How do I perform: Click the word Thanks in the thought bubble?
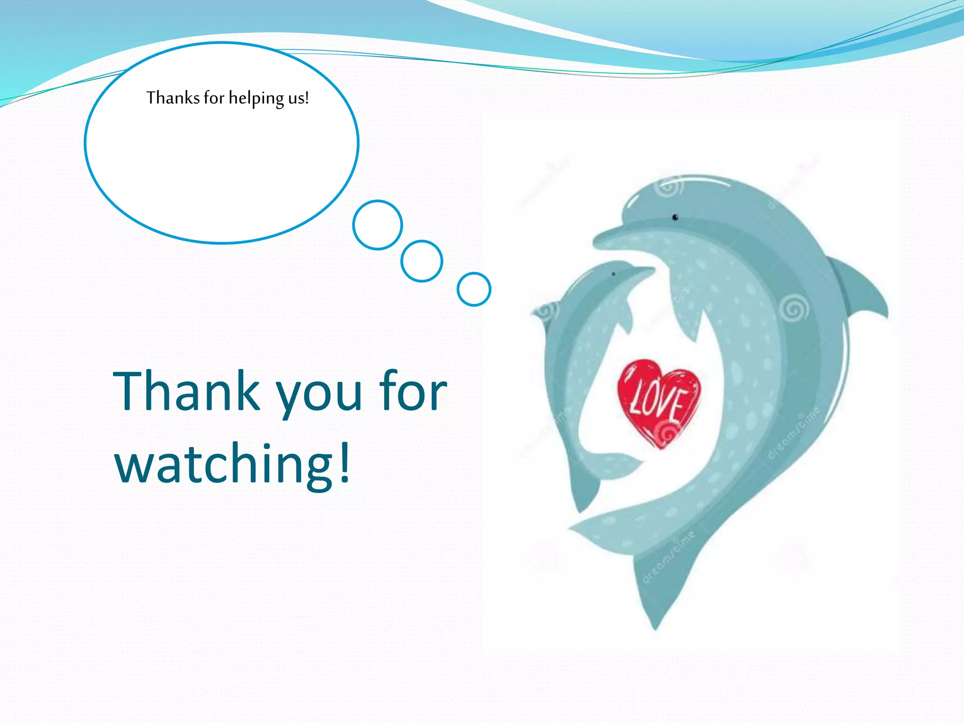(173, 98)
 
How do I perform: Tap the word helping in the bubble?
(257, 98)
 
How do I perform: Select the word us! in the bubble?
(298, 98)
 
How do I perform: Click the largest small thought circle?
(377, 225)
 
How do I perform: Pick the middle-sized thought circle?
(421, 261)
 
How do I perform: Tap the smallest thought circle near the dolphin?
(474, 289)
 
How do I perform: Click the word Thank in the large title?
(186, 391)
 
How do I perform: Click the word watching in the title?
(224, 464)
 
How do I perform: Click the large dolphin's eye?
(675, 217)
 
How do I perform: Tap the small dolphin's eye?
(613, 274)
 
